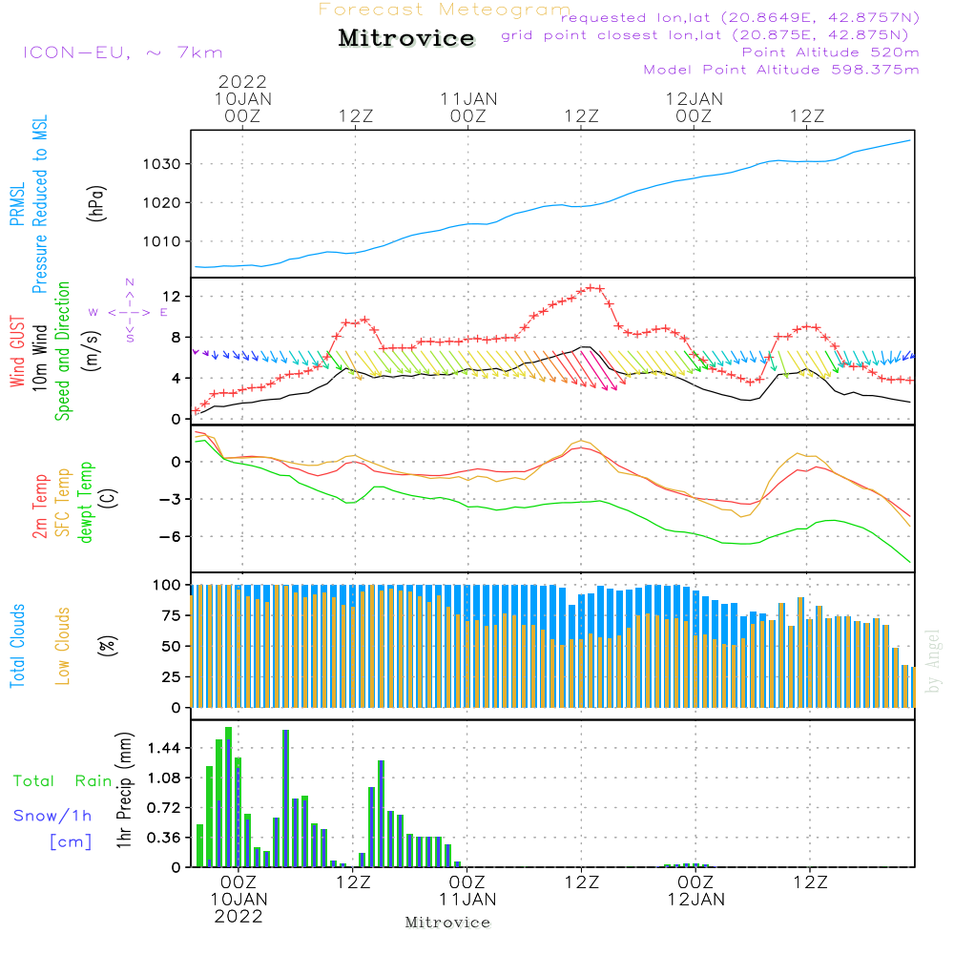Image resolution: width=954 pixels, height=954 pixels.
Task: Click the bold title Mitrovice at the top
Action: click(x=406, y=38)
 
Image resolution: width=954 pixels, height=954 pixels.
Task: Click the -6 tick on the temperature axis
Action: click(x=170, y=536)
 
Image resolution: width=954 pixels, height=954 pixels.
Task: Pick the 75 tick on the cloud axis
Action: click(x=168, y=616)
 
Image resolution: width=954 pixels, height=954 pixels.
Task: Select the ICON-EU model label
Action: click(x=121, y=52)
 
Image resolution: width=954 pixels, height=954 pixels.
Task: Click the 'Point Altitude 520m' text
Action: click(x=830, y=52)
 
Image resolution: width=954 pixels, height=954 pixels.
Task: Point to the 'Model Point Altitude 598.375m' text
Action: click(x=781, y=70)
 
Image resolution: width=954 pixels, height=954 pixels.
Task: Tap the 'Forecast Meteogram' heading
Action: click(x=444, y=10)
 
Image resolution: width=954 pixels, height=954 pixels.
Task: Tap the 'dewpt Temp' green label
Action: click(x=87, y=503)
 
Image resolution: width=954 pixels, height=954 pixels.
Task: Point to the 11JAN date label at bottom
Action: click(x=467, y=899)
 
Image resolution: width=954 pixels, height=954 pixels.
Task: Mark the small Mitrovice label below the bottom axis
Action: click(x=447, y=923)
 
